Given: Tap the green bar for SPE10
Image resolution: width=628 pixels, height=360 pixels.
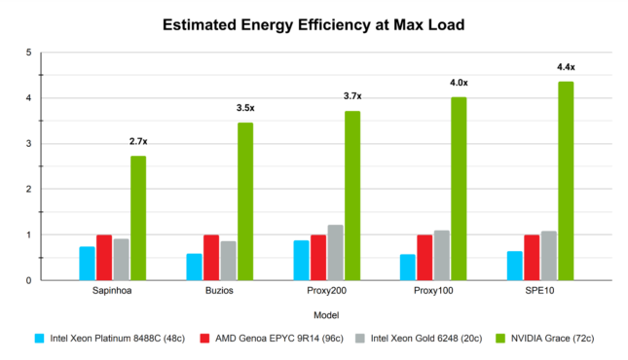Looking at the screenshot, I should point(565,181).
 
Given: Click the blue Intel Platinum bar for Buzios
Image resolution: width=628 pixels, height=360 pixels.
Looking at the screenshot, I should point(194,267).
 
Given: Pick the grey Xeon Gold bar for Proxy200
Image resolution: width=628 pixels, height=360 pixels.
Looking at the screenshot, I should point(334,253).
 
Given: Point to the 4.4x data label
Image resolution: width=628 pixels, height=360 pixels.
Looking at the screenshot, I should point(565,67).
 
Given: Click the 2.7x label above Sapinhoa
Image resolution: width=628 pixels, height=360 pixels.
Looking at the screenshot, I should point(138,142).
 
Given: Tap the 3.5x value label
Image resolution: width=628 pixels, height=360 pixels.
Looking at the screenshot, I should point(245,108).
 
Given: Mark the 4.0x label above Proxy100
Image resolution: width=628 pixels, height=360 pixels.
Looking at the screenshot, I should point(458,84).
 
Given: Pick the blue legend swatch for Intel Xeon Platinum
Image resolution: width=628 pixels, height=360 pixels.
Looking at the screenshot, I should point(40,339).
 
